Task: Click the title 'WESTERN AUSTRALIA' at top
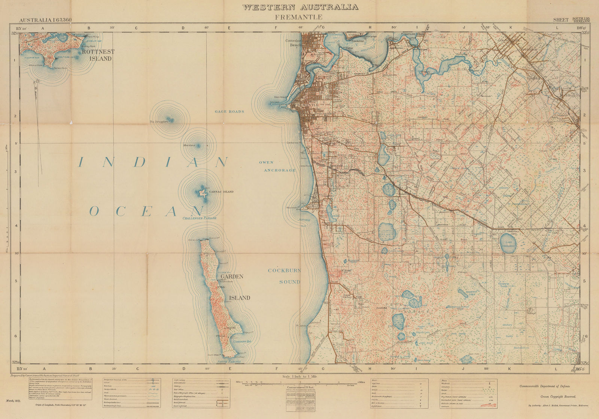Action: pos(300,7)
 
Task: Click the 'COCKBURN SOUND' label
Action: pos(290,276)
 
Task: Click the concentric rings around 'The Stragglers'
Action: pos(170,119)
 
